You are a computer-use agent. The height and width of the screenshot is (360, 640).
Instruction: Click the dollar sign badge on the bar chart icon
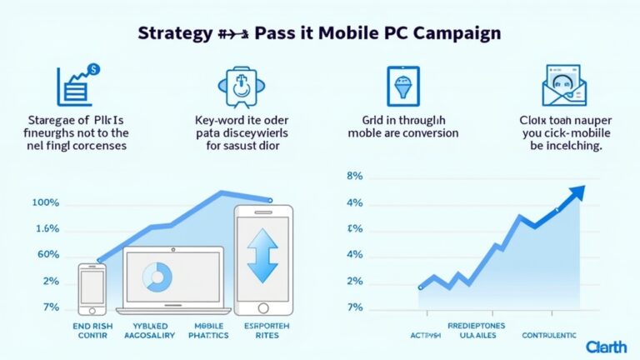[x=93, y=71]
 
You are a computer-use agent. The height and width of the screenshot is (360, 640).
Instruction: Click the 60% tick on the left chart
[x=47, y=254]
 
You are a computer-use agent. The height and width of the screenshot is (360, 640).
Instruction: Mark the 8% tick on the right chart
[x=354, y=177]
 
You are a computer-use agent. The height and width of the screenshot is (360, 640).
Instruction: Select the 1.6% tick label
[x=47, y=228]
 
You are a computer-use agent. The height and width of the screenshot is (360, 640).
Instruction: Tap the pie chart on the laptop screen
[x=157, y=276]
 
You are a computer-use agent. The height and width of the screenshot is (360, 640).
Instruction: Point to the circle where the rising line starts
[x=421, y=287]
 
